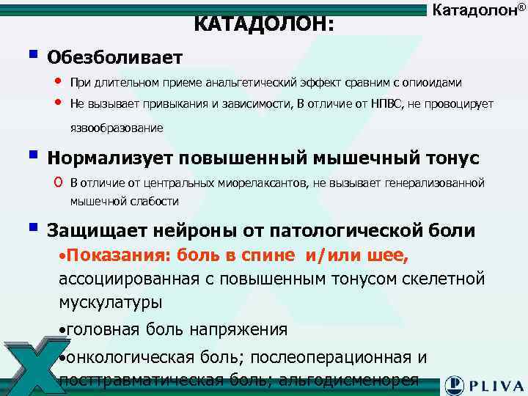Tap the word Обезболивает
click(114, 56)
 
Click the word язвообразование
click(117, 128)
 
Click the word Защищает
click(98, 231)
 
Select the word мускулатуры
click(111, 301)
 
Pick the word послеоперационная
click(331, 357)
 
